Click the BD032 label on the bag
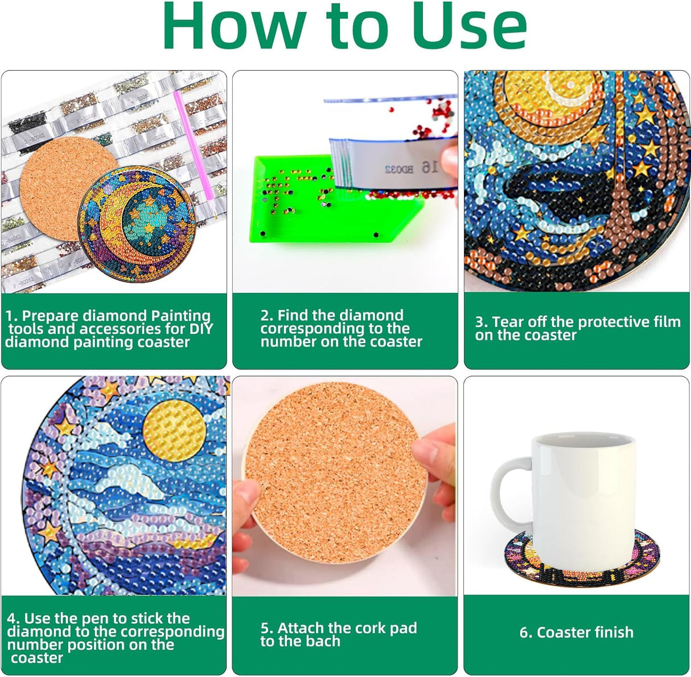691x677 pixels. tap(400, 169)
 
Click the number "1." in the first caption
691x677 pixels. tap(11, 316)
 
